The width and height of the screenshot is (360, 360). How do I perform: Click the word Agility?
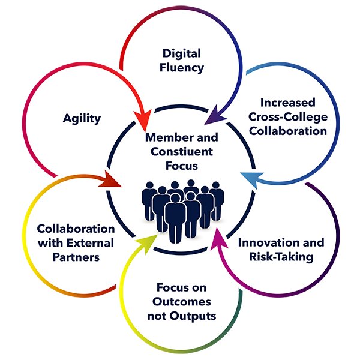(82, 118)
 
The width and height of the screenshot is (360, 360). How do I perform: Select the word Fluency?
(180, 67)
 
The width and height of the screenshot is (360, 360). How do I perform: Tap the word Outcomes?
(180, 302)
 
